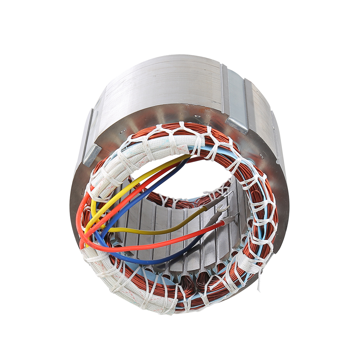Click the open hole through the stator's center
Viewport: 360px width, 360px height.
click(180, 180)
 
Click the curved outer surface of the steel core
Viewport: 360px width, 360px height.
click(158, 83)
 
